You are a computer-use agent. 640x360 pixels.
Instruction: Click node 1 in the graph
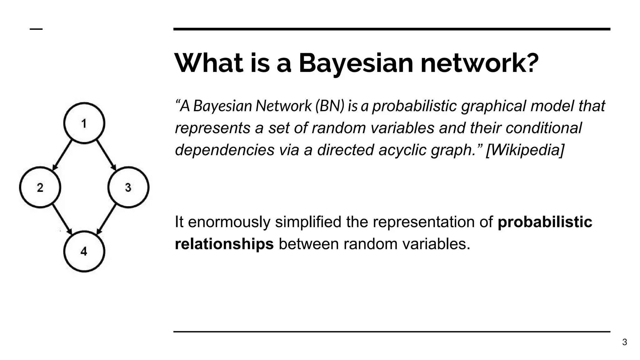pyautogui.click(x=84, y=123)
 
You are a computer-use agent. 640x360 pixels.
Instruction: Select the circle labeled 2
pyautogui.click(x=40, y=187)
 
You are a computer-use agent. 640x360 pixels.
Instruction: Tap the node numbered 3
pyautogui.click(x=128, y=187)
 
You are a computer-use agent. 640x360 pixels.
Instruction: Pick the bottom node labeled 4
pyautogui.click(x=84, y=251)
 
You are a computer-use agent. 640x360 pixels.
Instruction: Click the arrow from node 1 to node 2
pyautogui.click(x=62, y=155)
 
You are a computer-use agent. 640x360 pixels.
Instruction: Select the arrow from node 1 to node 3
pyautogui.click(x=106, y=155)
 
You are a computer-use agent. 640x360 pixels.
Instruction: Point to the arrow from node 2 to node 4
pyautogui.click(x=62, y=219)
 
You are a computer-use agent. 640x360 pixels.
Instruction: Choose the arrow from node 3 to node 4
pyautogui.click(x=106, y=219)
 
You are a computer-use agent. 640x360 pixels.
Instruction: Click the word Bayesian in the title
pyautogui.click(x=356, y=63)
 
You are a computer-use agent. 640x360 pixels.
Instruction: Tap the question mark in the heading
pyautogui.click(x=531, y=63)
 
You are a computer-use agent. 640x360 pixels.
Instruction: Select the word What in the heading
pyautogui.click(x=209, y=63)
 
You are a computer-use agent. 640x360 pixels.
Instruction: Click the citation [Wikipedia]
pyautogui.click(x=525, y=150)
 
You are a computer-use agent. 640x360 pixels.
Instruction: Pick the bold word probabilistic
pyautogui.click(x=545, y=222)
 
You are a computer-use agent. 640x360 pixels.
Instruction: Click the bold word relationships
pyautogui.click(x=224, y=244)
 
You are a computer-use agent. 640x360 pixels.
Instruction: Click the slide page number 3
pyautogui.click(x=624, y=342)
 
